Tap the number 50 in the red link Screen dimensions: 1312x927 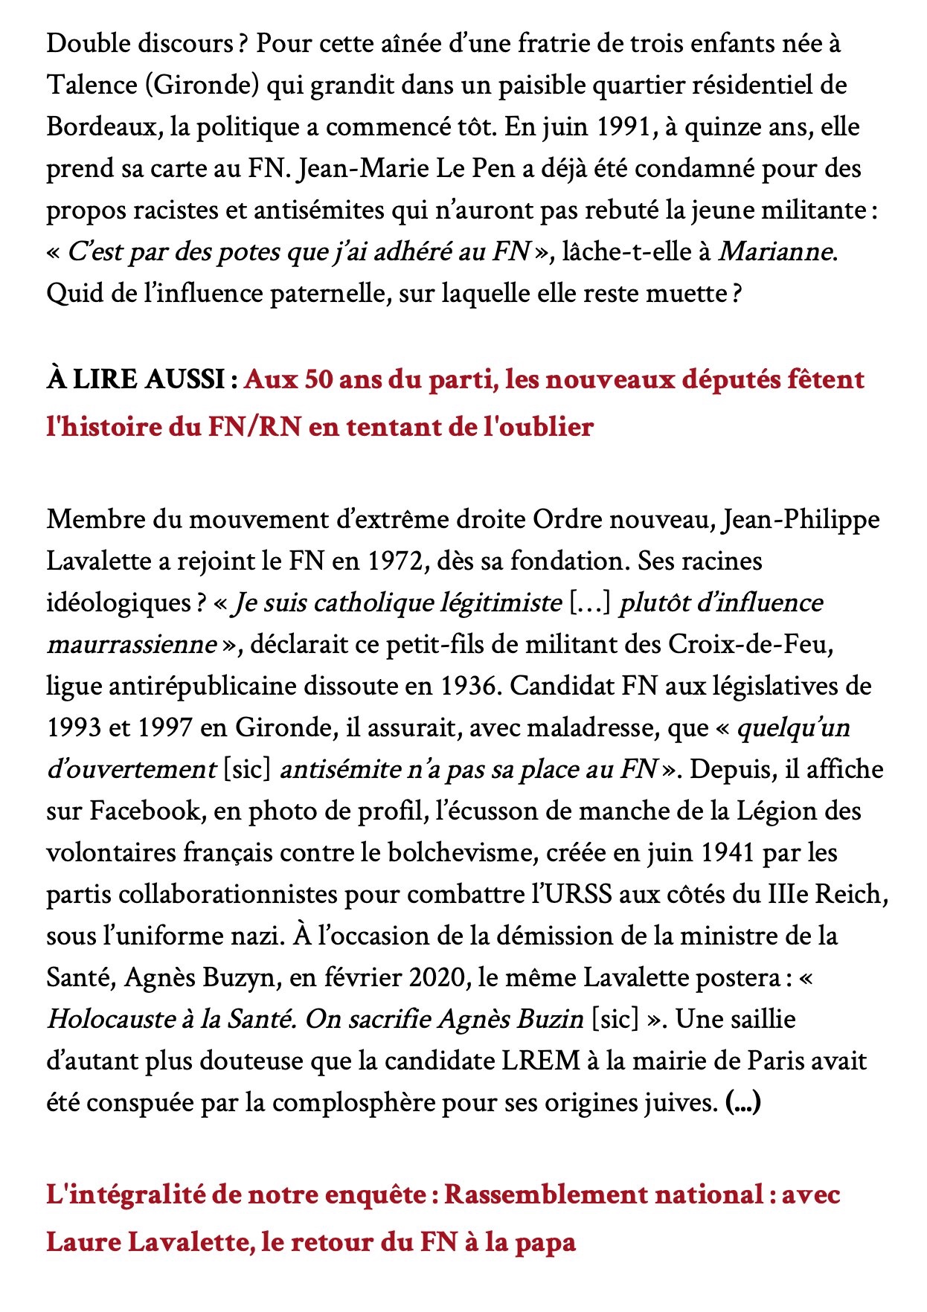click(x=318, y=380)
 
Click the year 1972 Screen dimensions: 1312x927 click(x=396, y=561)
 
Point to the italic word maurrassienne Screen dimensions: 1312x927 click(x=131, y=644)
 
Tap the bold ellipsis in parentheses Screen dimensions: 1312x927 click(x=742, y=1102)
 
